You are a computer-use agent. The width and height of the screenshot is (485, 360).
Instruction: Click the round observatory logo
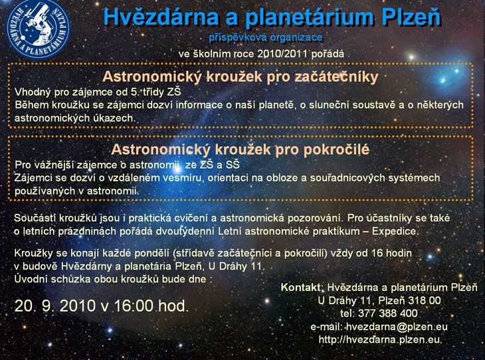(39, 29)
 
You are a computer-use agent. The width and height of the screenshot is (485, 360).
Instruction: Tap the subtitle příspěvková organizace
(266, 38)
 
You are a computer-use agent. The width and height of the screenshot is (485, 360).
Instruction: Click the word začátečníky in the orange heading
(336, 76)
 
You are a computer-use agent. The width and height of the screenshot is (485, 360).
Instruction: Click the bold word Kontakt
(301, 288)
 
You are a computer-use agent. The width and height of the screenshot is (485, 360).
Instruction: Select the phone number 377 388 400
(388, 314)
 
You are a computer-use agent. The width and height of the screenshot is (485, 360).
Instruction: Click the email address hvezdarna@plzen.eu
(397, 327)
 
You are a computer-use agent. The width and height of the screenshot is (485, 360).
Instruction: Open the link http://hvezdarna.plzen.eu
(379, 339)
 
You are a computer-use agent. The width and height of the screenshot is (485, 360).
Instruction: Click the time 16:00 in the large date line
(134, 306)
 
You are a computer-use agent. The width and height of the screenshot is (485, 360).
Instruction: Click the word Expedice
(395, 231)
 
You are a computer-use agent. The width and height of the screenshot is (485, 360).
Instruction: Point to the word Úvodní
(31, 279)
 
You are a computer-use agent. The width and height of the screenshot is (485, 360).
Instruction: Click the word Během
(31, 105)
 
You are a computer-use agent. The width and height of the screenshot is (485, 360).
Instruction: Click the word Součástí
(35, 218)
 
